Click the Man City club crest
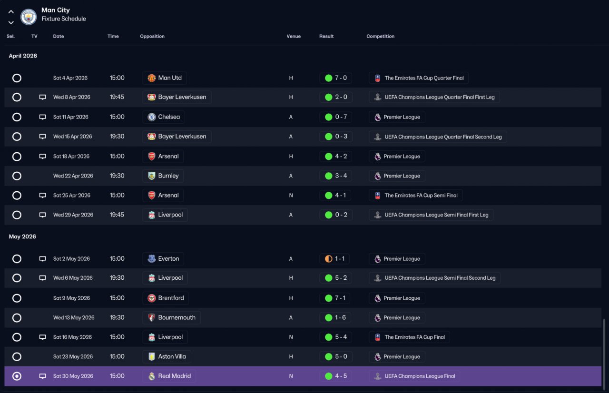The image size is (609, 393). (x=29, y=17)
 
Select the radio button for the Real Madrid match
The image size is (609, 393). (x=17, y=376)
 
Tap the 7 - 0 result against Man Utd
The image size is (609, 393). (x=341, y=78)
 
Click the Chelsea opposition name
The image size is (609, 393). (x=169, y=117)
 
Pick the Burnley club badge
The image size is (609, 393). (x=151, y=176)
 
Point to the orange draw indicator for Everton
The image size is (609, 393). (x=328, y=259)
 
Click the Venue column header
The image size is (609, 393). (x=294, y=36)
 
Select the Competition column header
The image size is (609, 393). (x=380, y=36)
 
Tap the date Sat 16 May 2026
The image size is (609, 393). (x=73, y=337)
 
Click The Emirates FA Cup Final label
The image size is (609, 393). (x=414, y=337)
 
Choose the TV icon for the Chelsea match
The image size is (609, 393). (x=42, y=117)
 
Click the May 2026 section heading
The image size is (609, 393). (x=22, y=236)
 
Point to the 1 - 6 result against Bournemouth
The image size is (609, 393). (x=340, y=317)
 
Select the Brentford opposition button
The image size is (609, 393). (x=166, y=298)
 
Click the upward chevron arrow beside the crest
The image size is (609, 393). (x=11, y=12)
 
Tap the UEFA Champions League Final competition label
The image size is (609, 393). (x=420, y=376)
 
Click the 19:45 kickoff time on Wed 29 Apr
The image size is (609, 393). (x=117, y=215)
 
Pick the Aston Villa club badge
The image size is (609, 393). (x=151, y=356)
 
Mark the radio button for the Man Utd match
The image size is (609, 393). (x=17, y=78)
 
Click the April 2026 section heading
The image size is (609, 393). (x=23, y=56)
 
